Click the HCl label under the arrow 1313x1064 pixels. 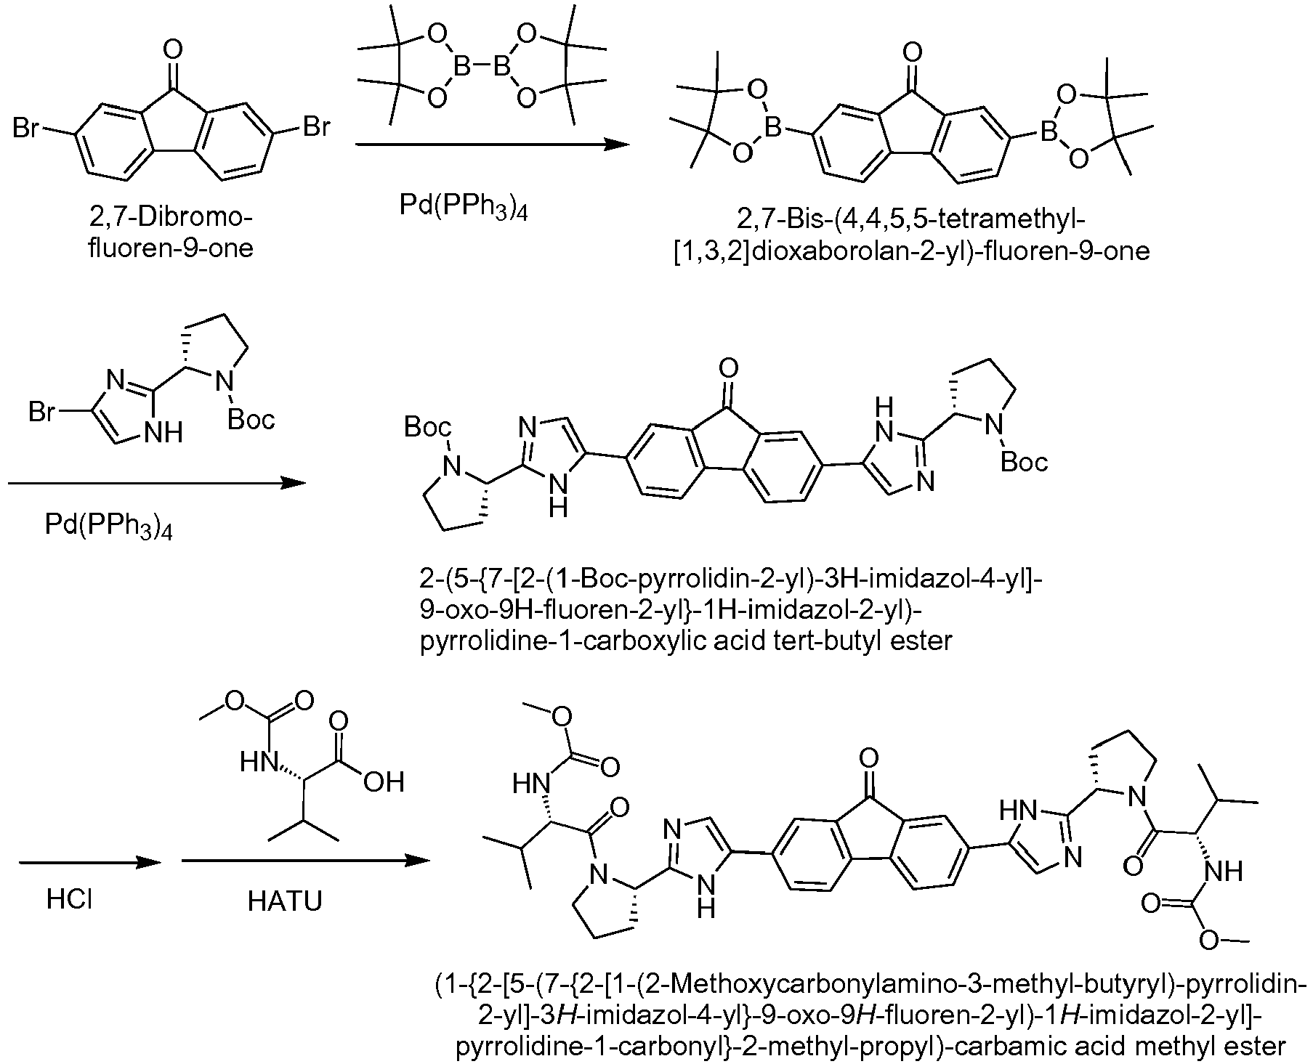(69, 901)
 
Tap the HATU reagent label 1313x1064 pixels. (285, 901)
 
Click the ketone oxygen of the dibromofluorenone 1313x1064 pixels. (171, 50)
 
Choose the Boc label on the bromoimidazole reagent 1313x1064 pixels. (251, 419)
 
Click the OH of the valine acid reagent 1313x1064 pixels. (383, 781)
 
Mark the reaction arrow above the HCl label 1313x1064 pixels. (89, 861)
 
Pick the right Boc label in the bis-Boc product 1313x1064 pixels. (1025, 462)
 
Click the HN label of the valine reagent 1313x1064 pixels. (257, 763)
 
